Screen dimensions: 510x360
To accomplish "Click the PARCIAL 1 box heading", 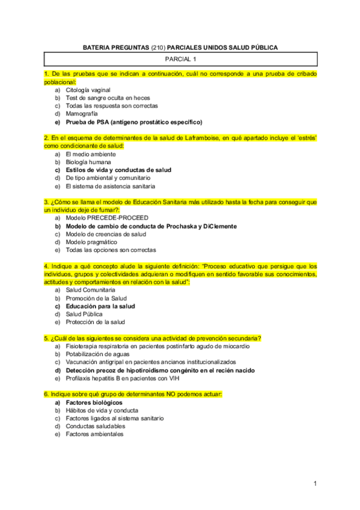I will [x=180, y=59].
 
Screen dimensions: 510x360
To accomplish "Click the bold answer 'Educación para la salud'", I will [x=100, y=306].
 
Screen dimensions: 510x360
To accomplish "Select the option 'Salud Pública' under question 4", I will [x=84, y=314].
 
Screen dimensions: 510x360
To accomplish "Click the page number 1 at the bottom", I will [x=315, y=484].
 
